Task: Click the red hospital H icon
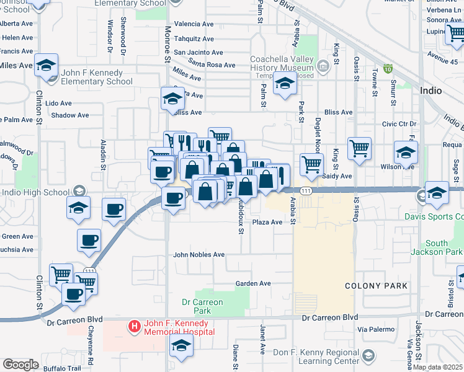134,325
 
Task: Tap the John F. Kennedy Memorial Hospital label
179,327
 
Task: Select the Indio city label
431,91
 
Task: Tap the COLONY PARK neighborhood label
377,286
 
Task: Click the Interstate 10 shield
388,68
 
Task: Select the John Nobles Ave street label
199,255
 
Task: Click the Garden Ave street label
253,283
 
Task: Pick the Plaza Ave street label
267,222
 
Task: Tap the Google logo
20,365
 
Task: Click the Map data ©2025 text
438,367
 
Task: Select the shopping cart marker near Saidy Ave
311,165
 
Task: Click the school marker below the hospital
181,349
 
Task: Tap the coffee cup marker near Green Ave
89,240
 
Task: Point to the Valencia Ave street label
194,24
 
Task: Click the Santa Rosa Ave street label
212,65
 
